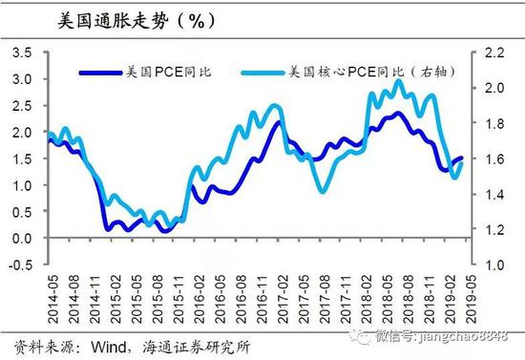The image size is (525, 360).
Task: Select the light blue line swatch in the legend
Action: click(x=262, y=71)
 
